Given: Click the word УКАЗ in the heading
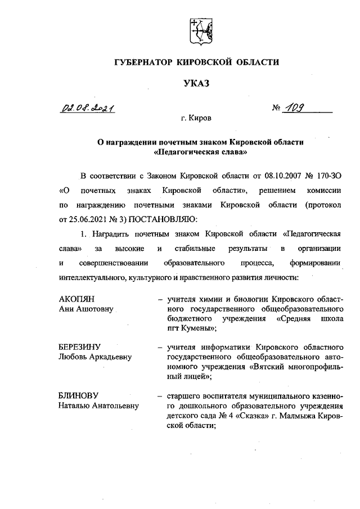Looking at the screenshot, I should (x=196, y=84).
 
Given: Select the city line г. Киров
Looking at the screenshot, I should (x=196, y=119).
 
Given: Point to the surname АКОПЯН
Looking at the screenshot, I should (x=76, y=299).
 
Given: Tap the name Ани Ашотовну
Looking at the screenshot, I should (x=86, y=308).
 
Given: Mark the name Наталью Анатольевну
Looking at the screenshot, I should (x=98, y=406).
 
